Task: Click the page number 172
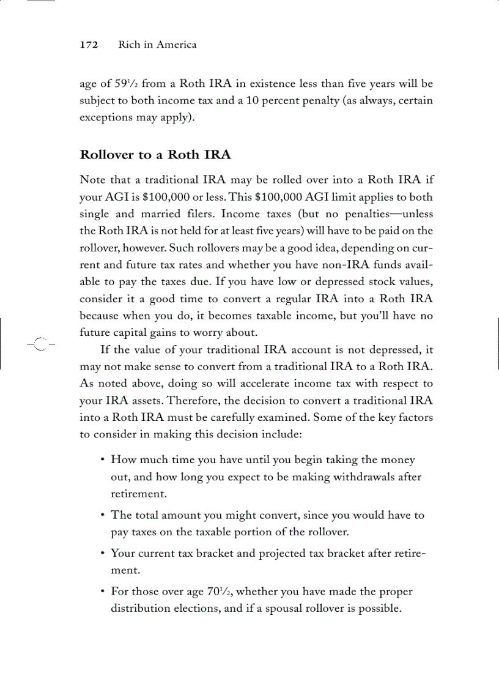pyautogui.click(x=89, y=45)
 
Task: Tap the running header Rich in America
pyautogui.click(x=157, y=45)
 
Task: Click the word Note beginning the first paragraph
pyautogui.click(x=93, y=180)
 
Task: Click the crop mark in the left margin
pyautogui.click(x=39, y=344)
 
